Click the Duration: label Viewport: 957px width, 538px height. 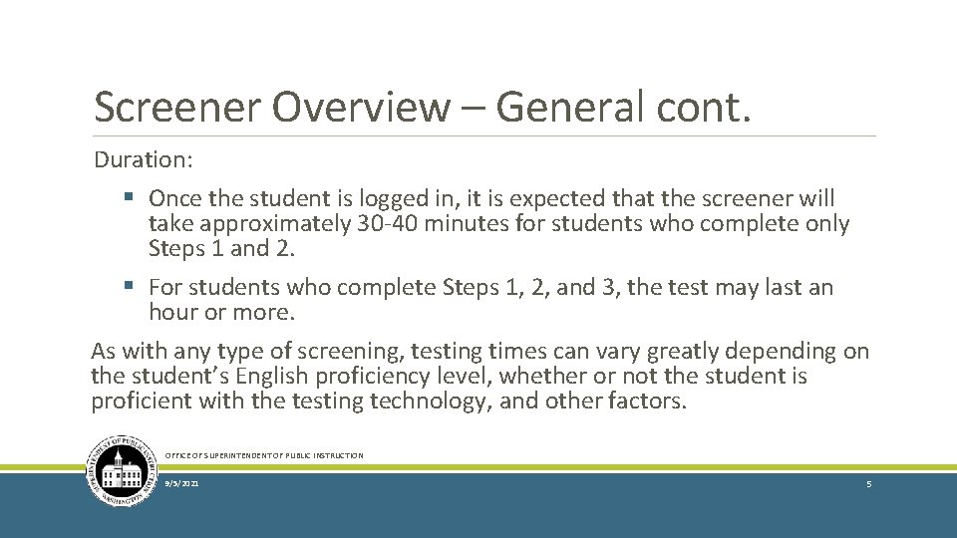(144, 159)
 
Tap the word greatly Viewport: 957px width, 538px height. (690, 351)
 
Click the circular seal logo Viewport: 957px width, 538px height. (122, 471)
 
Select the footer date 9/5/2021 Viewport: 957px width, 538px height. (181, 483)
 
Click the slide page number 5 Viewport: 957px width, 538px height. (869, 483)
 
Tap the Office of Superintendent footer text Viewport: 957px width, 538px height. (264, 455)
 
